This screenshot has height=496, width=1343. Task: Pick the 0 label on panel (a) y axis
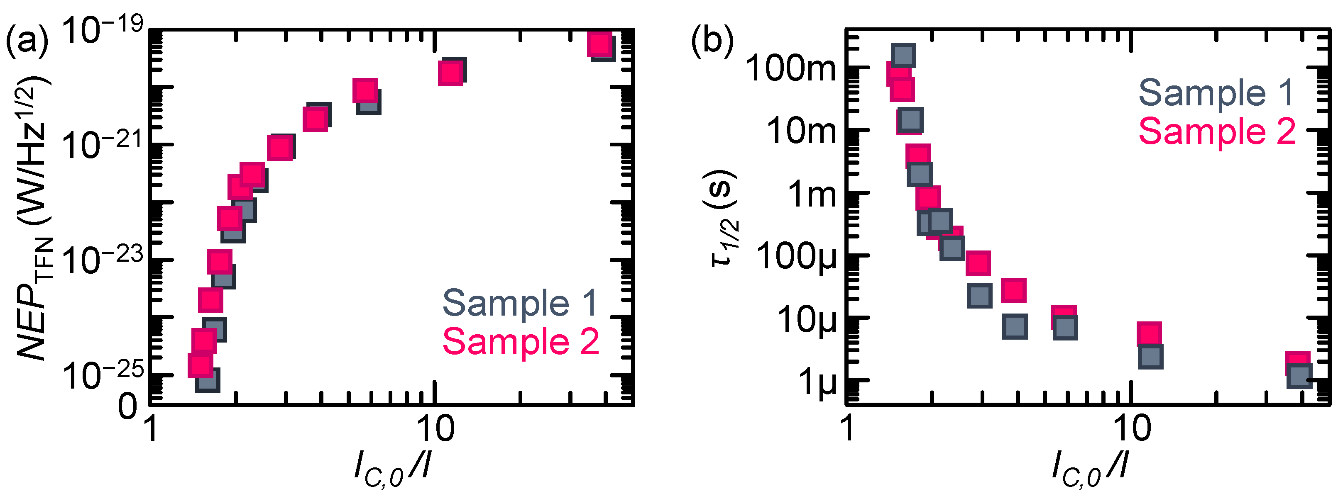[128, 406]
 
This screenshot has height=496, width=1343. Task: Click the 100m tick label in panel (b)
[790, 68]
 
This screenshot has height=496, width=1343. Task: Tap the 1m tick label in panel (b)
[811, 195]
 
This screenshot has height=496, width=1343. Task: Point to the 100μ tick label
[795, 257]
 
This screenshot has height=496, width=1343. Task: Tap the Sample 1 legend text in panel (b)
[1216, 93]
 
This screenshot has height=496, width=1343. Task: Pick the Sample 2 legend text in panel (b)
[1217, 131]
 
